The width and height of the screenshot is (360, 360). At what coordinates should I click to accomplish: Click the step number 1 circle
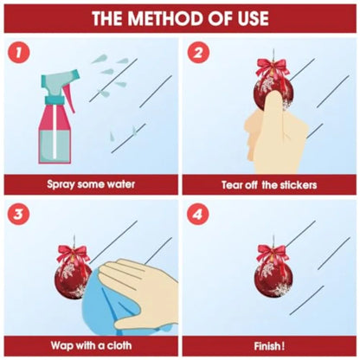tap(18, 53)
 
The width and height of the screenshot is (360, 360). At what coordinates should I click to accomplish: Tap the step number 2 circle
tap(198, 53)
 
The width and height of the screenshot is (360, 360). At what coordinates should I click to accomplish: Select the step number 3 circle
tap(18, 215)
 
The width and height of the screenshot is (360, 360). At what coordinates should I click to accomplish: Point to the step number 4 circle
tap(198, 215)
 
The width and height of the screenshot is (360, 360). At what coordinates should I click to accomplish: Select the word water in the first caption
tap(121, 184)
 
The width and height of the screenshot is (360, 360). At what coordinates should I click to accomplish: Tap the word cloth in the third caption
tap(119, 345)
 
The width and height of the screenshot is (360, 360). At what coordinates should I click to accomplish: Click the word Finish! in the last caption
tap(269, 346)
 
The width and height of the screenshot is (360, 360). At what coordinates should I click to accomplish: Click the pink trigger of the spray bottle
tap(68, 94)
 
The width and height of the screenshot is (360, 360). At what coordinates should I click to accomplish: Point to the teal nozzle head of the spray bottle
tap(60, 80)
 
